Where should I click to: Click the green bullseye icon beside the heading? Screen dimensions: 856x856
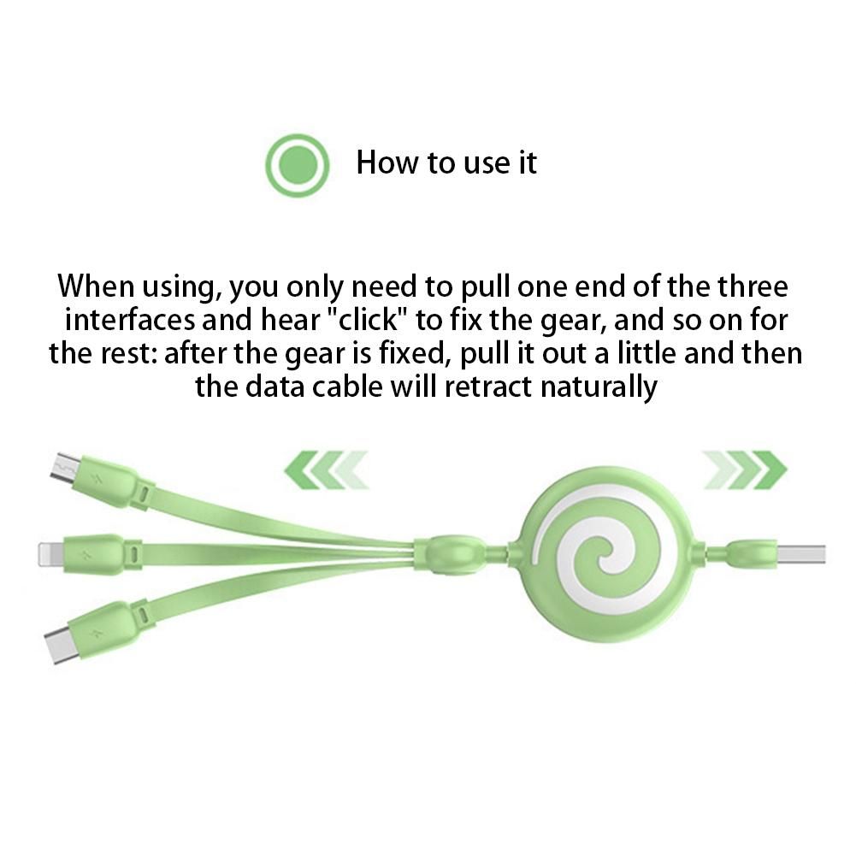298,165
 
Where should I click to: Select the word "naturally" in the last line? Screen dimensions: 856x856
599,387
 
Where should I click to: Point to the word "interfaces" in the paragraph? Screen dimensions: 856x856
130,320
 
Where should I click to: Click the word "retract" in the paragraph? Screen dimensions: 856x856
487,387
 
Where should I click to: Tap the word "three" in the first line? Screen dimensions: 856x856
753,286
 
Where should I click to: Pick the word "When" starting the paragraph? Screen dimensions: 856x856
96,286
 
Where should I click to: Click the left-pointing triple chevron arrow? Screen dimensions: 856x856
327,469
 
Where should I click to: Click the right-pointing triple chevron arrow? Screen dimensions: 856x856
744,469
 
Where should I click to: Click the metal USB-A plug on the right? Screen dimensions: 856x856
801,553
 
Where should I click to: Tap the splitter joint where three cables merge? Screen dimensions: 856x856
449,553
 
